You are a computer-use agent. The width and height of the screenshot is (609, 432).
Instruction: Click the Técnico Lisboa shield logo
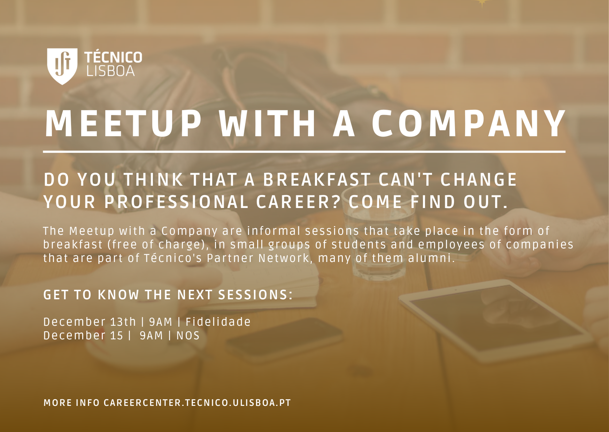coord(62,66)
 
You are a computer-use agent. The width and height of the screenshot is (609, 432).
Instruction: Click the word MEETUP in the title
coord(123,124)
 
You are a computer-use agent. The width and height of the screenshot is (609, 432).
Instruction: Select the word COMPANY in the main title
coord(469,124)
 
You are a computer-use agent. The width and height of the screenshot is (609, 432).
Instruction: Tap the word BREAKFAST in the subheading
coord(317,180)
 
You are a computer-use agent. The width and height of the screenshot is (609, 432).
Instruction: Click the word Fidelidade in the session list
coord(218,322)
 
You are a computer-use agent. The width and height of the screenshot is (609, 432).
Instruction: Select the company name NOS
coord(188,335)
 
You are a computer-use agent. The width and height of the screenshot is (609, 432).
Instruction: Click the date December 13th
coord(90,322)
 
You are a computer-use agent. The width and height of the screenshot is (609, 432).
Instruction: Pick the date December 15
coord(83,335)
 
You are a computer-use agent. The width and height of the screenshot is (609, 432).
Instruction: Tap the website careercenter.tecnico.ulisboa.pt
coord(197,403)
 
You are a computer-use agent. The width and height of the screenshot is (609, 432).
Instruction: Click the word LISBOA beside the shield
coord(110,71)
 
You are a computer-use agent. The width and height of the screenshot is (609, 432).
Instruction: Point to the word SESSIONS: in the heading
coord(255,295)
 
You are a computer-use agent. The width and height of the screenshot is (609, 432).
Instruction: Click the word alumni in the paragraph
coord(431,258)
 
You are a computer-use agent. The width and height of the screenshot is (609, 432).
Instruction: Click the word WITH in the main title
coord(268,124)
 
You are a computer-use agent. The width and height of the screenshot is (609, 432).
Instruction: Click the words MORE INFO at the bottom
coord(71,403)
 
